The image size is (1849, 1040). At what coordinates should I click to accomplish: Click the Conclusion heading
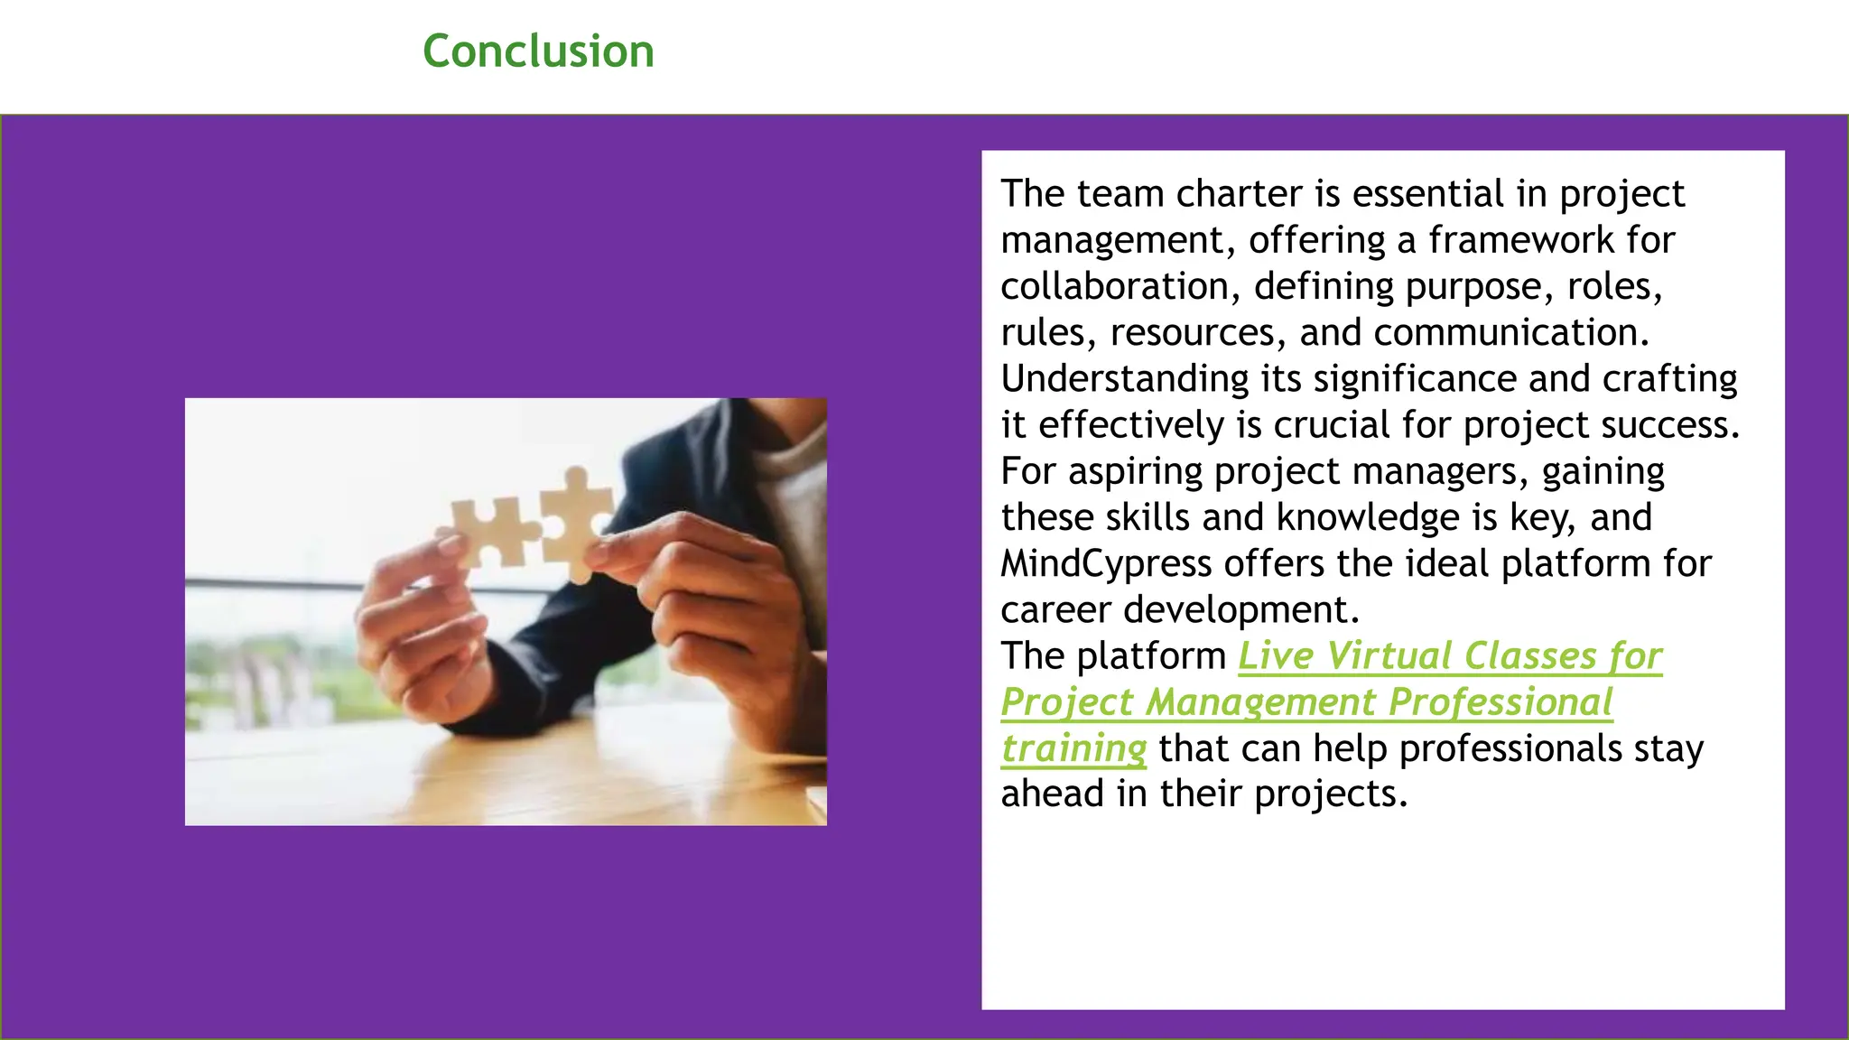click(538, 51)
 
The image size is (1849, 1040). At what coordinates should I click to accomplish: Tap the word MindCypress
click(1106, 564)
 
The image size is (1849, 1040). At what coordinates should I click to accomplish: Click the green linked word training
click(1073, 748)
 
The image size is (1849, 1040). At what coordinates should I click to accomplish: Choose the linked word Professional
click(1500, 702)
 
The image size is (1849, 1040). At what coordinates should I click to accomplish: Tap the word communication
click(1511, 332)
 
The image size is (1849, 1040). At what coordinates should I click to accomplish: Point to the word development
click(1240, 610)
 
